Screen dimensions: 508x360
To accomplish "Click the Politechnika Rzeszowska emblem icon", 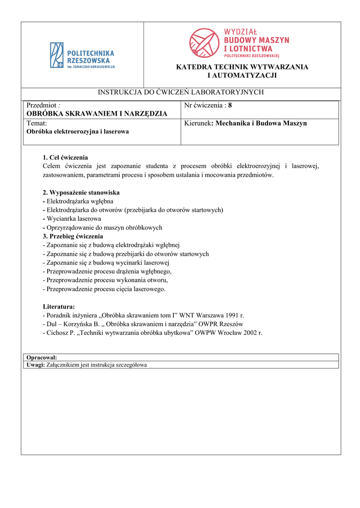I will (x=57, y=55).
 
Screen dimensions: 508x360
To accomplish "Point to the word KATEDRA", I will (x=192, y=67).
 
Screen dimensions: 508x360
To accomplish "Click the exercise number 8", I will (x=230, y=105).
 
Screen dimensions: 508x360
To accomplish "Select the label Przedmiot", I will (x=42, y=105).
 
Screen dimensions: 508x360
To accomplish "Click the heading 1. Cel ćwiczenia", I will (x=66, y=157).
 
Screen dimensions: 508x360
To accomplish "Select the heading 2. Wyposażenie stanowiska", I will (x=81, y=192).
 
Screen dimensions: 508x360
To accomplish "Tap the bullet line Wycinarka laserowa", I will (x=73, y=219).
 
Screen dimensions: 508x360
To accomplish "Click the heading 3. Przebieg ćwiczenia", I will (x=73, y=236).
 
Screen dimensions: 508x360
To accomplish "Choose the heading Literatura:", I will (x=59, y=307).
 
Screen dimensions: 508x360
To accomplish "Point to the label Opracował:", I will (x=42, y=357).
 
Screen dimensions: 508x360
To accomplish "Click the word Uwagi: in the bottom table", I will (x=35, y=365).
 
